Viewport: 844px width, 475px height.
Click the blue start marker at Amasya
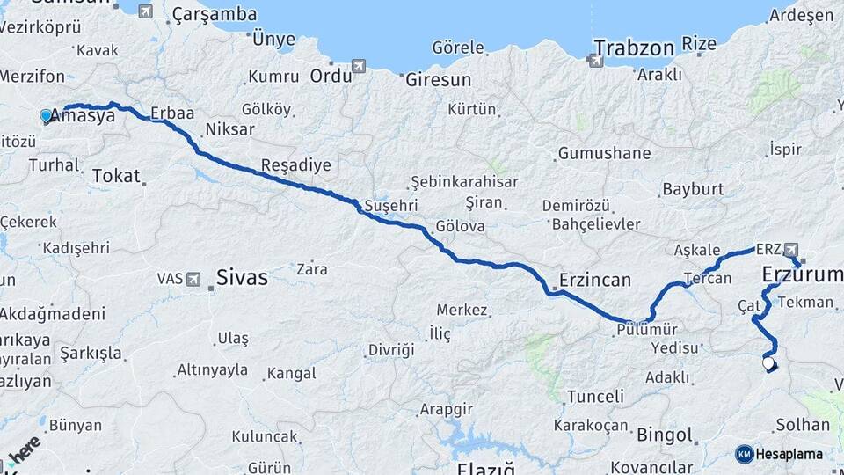coord(46,115)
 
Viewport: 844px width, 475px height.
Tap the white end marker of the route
coord(768,362)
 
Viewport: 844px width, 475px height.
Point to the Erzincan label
coord(594,281)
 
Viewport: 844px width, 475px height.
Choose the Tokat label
coord(116,176)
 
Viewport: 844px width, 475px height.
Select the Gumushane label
coord(604,153)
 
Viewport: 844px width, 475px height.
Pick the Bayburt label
coord(693,189)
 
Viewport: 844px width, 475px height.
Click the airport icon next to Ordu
coord(358,66)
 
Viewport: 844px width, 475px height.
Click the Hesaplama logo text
coord(789,454)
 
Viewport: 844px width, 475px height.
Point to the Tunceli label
coord(595,397)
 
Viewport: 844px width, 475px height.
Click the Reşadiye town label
coord(296,165)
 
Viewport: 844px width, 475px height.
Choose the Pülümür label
coord(647,329)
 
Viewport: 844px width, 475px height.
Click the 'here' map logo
coord(25,449)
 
